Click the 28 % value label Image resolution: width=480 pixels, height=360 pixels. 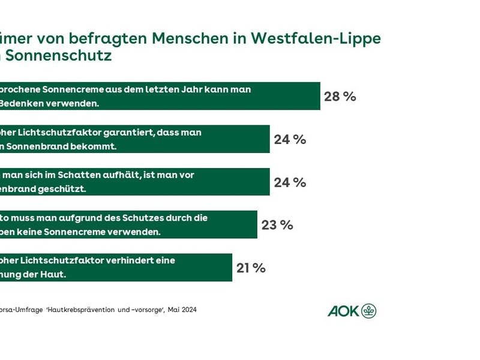tap(340, 97)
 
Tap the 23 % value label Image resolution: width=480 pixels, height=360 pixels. tap(277, 225)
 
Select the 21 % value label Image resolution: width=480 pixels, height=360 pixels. tap(251, 268)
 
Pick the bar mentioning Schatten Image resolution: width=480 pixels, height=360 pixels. tap(134, 182)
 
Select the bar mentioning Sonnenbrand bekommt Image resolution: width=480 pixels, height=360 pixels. tap(134, 139)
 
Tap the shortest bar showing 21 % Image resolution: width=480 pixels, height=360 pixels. tap(115, 268)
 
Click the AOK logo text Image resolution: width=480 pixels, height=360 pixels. tap(343, 311)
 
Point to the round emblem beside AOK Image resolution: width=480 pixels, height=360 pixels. tap(369, 311)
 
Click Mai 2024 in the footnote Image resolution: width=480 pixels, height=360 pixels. tap(182, 310)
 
